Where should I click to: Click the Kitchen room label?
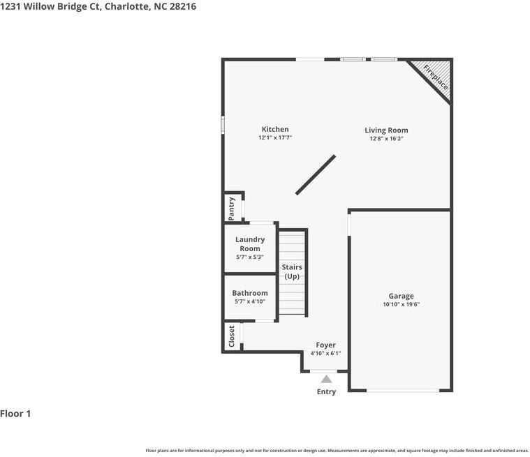[275, 129]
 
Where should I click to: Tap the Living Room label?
[386, 130]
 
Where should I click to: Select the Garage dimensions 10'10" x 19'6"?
[401, 304]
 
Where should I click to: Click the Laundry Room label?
[249, 244]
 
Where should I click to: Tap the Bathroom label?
[249, 293]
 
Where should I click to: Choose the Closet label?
[232, 336]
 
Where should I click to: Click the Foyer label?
[325, 345]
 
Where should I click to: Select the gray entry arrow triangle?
[326, 379]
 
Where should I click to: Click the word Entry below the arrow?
[326, 391]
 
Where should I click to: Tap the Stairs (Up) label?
[291, 271]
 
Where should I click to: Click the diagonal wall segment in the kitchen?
[316, 174]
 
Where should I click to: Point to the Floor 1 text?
[15, 414]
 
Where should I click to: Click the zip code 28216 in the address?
[182, 6]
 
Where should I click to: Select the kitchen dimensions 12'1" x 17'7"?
[274, 138]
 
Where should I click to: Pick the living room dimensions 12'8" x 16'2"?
[386, 139]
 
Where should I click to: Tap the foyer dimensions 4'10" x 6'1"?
[325, 353]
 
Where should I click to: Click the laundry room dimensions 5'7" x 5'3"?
[249, 257]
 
